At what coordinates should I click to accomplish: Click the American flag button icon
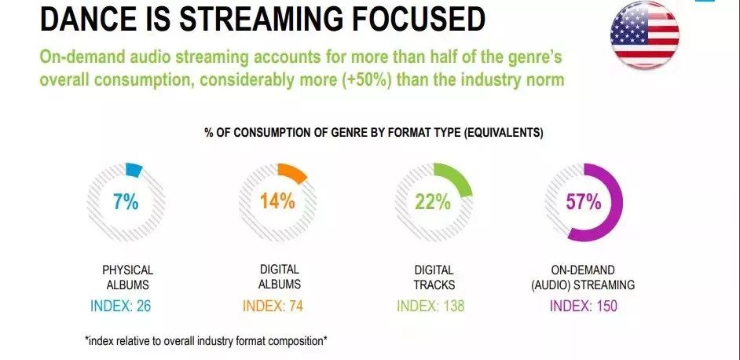click(x=645, y=35)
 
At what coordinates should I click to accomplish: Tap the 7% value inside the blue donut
click(x=126, y=202)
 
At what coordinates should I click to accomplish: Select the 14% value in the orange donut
click(x=277, y=201)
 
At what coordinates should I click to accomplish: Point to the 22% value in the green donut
click(x=433, y=202)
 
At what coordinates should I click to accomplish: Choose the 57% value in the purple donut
click(x=584, y=202)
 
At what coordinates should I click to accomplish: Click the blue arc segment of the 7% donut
click(x=134, y=170)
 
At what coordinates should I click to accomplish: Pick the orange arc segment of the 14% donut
click(x=294, y=172)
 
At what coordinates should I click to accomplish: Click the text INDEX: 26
click(x=120, y=306)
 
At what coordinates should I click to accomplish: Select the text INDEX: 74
click(x=273, y=306)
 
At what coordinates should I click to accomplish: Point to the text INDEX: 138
click(x=430, y=306)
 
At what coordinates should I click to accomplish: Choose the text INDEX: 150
click(x=584, y=306)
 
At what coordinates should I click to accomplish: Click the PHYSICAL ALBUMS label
click(x=127, y=277)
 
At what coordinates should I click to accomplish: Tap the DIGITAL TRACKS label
click(x=434, y=277)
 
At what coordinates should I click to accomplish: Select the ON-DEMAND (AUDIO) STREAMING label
click(x=583, y=277)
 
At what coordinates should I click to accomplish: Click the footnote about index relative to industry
click(x=206, y=341)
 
